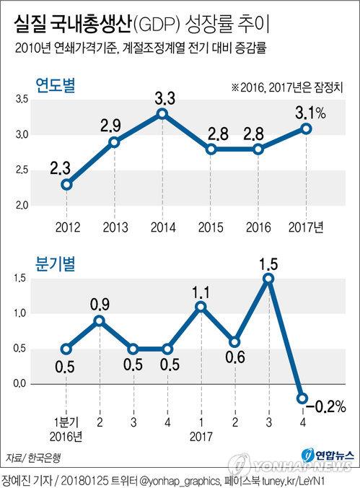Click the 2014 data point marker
pos(162,114)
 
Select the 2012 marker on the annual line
pos(66,185)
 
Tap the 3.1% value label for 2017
pos(310,113)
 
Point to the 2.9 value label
pos(110,126)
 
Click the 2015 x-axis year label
pos(211,227)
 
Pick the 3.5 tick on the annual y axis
pos(22,100)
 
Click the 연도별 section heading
pos(56,84)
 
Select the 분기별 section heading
pos(56,264)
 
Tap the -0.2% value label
pos(326,406)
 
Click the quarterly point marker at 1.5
pos(268,279)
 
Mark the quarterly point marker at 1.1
pos(201,307)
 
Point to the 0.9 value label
pos(100,305)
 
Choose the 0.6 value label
pos(235,357)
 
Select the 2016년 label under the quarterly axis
pos(66,437)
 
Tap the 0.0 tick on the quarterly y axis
pos(19,383)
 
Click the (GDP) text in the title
pos(157,25)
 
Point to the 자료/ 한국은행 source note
pos(33,458)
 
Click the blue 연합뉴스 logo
pos(328,456)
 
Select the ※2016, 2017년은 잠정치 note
pos(287,87)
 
